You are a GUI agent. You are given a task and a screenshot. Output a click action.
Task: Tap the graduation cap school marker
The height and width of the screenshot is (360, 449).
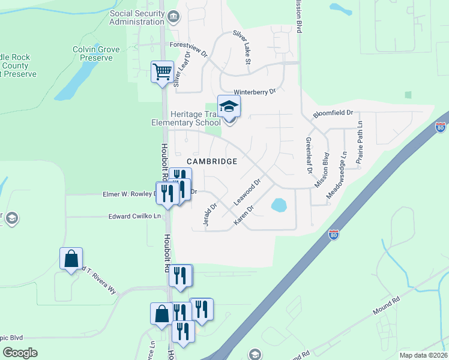click(x=229, y=107)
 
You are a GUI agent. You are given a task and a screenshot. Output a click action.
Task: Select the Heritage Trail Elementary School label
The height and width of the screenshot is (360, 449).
click(x=187, y=118)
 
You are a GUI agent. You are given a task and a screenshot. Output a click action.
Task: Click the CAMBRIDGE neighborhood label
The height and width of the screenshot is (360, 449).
click(x=212, y=161)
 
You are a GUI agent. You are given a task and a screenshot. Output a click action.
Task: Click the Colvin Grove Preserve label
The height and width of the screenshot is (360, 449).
click(x=92, y=53)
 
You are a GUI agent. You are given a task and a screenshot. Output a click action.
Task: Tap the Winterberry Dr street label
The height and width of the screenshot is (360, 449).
click(x=254, y=92)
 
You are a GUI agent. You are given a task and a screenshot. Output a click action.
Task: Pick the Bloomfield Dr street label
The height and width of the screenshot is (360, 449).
click(x=333, y=113)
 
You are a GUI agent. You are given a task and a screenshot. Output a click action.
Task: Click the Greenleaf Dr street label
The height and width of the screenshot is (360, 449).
click(x=309, y=155)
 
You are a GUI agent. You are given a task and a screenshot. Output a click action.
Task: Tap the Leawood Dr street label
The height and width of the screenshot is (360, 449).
click(x=248, y=191)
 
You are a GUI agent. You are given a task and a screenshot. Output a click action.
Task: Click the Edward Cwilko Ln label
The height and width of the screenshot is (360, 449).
click(x=136, y=216)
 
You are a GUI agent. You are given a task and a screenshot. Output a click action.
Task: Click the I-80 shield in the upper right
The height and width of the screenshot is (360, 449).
click(x=441, y=128)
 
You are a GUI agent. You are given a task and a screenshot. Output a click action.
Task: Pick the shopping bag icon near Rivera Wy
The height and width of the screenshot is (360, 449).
click(x=71, y=259)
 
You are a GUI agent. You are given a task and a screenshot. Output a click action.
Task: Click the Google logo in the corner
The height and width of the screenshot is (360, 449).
click(x=20, y=353)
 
